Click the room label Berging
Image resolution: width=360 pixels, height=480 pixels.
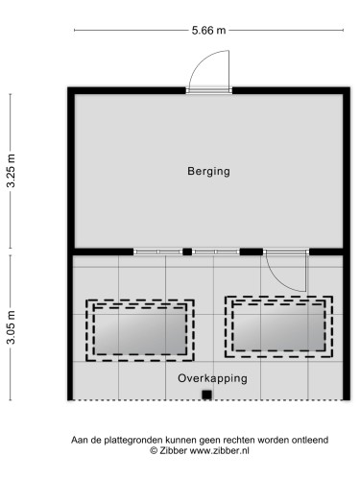tap(209, 171)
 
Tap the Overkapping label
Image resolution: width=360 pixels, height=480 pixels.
tap(212, 378)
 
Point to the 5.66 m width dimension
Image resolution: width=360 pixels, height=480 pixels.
tap(208, 31)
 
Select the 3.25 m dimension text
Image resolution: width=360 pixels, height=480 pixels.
tap(12, 173)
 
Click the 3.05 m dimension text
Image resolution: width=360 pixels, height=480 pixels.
tap(12, 327)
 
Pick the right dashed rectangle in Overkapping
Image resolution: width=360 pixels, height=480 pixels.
tap(278, 324)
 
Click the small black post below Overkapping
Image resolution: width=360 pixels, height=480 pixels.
tap(205, 395)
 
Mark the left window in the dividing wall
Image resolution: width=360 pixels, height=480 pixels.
tap(157, 252)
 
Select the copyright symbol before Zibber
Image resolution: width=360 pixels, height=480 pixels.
tap(153, 449)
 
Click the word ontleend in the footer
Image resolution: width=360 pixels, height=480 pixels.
tap(308, 440)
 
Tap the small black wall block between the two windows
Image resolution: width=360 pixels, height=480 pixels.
tap(186, 252)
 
